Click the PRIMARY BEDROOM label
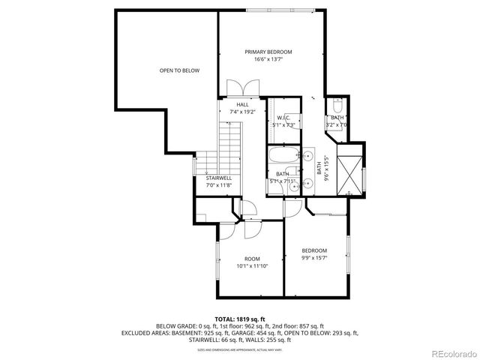point(268,52)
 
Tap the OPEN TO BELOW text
point(179,70)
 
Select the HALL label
point(242,104)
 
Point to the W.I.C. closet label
point(283,118)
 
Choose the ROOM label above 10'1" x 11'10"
point(252,259)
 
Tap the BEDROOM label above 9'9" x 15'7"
point(314,250)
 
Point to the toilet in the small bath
point(337,104)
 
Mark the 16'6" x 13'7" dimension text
point(268,59)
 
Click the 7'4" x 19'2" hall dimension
point(242,112)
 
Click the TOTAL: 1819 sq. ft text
point(239,319)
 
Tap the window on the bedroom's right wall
point(349,256)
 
